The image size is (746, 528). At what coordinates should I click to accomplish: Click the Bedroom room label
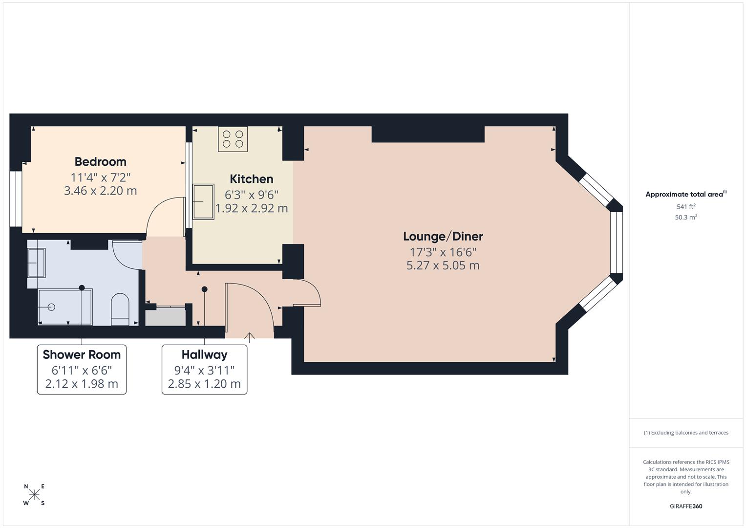tap(100, 162)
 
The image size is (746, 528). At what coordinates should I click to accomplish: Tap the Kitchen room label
tap(251, 179)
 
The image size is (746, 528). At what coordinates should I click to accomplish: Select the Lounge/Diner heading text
tap(443, 237)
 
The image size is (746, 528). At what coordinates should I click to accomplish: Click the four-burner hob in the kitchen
tap(233, 139)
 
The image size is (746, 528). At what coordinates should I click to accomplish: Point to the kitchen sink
tap(203, 201)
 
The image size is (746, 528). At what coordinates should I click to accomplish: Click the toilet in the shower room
tap(120, 309)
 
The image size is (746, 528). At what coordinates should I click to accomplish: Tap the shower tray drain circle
tap(51, 307)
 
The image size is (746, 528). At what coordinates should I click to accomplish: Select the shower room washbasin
tap(36, 263)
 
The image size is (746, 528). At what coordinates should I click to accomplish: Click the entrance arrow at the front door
tap(250, 337)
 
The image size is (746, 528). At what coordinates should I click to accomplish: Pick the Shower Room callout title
tap(82, 354)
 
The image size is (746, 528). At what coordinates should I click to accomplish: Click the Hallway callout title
tap(204, 354)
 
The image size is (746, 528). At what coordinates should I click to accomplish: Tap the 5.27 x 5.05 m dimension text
tap(443, 265)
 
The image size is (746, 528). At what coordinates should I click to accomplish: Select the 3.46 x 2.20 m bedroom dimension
tap(100, 191)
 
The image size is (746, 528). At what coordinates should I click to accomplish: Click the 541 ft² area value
tap(685, 207)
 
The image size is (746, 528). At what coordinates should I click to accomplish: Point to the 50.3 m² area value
tap(685, 218)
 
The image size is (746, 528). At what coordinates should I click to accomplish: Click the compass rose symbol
tap(34, 495)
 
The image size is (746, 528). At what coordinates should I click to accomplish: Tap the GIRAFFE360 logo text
tap(685, 506)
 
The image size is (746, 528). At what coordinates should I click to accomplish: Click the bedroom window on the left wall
tap(16, 198)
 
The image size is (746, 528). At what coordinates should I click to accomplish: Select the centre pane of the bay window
tap(617, 242)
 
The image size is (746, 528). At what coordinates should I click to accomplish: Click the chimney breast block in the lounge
tap(427, 134)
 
